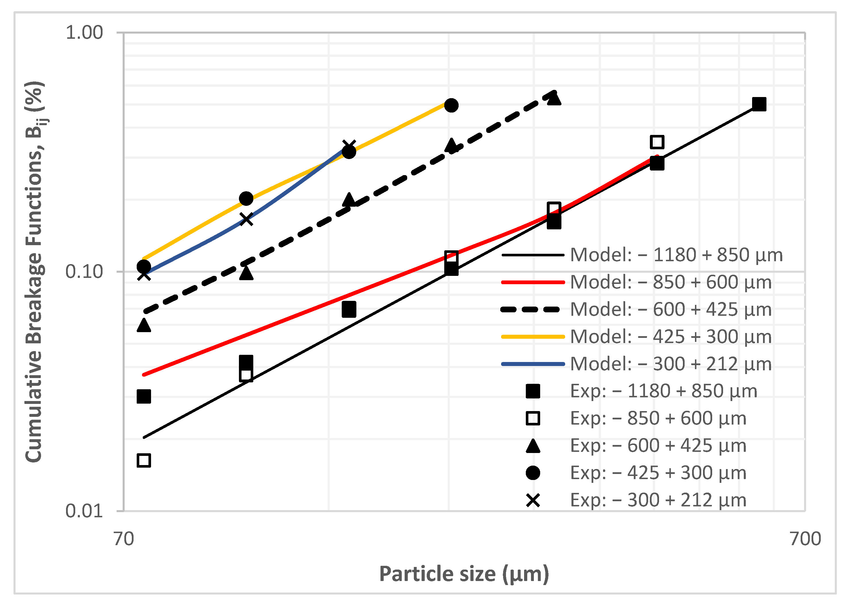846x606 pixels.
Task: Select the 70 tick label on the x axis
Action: point(123,539)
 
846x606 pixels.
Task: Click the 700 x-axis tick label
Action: point(805,539)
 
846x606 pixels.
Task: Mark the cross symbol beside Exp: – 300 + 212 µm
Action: point(533,500)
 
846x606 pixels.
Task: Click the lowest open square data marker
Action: point(144,460)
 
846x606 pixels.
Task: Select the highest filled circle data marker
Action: point(451,106)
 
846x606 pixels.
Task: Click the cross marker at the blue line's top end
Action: point(349,146)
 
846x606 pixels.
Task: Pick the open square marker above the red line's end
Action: point(657,142)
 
